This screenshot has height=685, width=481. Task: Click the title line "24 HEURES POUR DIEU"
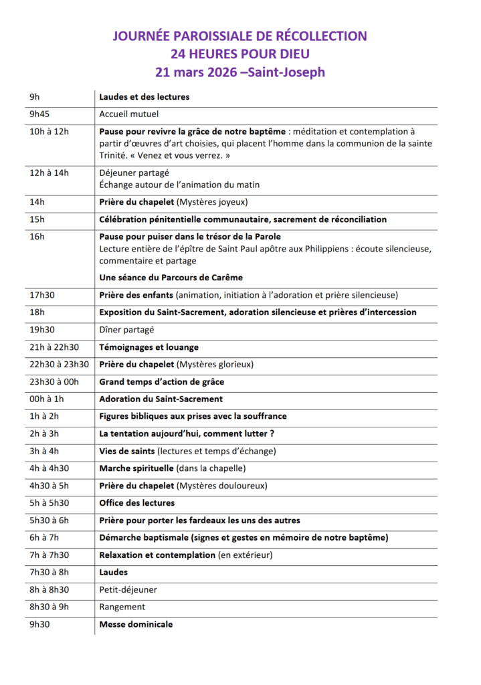click(x=239, y=54)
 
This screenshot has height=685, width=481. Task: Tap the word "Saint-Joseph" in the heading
click(x=286, y=72)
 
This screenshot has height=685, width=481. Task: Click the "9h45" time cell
click(x=41, y=114)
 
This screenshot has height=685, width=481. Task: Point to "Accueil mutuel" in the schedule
click(x=129, y=114)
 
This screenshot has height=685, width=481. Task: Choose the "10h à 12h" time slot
click(x=49, y=132)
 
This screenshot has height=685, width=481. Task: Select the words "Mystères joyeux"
click(x=212, y=202)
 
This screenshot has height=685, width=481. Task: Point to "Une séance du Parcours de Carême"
click(x=171, y=278)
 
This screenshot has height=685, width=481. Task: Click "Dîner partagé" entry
click(x=126, y=330)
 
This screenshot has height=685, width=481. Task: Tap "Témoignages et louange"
click(x=149, y=347)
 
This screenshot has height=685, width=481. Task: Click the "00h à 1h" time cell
click(x=46, y=399)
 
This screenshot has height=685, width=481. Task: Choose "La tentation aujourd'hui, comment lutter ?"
click(x=187, y=434)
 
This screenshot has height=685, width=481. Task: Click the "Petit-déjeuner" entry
click(x=128, y=590)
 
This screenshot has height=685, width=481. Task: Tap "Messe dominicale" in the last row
click(x=136, y=625)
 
